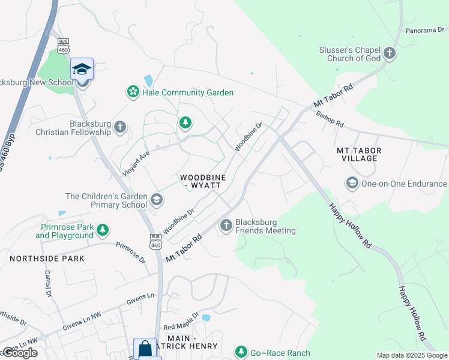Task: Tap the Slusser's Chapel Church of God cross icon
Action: pos(390,54)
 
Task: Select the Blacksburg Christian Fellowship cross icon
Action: pos(120,127)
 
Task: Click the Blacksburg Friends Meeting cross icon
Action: pos(226,226)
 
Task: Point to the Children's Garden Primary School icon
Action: pos(156,200)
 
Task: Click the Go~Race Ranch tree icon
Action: pos(241,351)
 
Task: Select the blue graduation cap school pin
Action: pos(82,69)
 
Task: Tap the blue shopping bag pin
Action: pos(145,349)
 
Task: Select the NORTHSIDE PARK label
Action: pos(47,258)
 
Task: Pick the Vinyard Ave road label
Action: pos(136,162)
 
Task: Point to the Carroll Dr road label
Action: pos(47,283)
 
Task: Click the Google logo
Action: pos(20,353)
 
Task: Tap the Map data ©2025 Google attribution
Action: pos(411,355)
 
